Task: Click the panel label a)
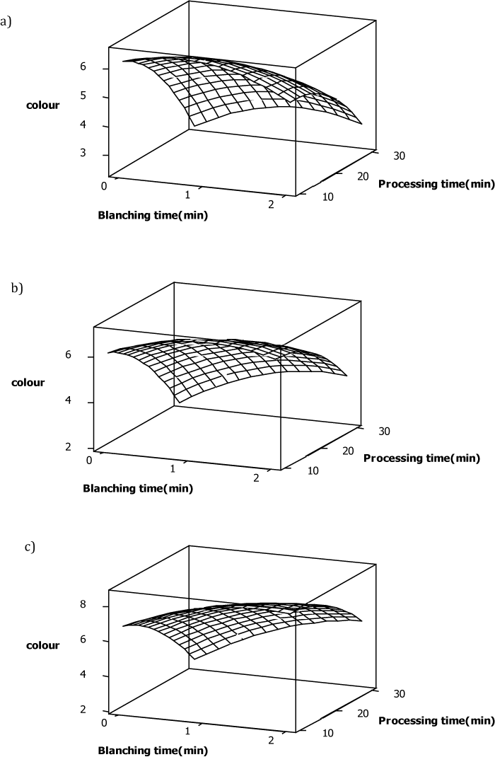pos(8,22)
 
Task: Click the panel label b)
pos(18,289)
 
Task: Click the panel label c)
pos(28,547)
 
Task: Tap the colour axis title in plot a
pos(43,105)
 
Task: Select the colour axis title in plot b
pos(28,382)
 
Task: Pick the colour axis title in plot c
pos(43,645)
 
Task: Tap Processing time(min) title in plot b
pos(421,458)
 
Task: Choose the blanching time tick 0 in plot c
pos(105,722)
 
